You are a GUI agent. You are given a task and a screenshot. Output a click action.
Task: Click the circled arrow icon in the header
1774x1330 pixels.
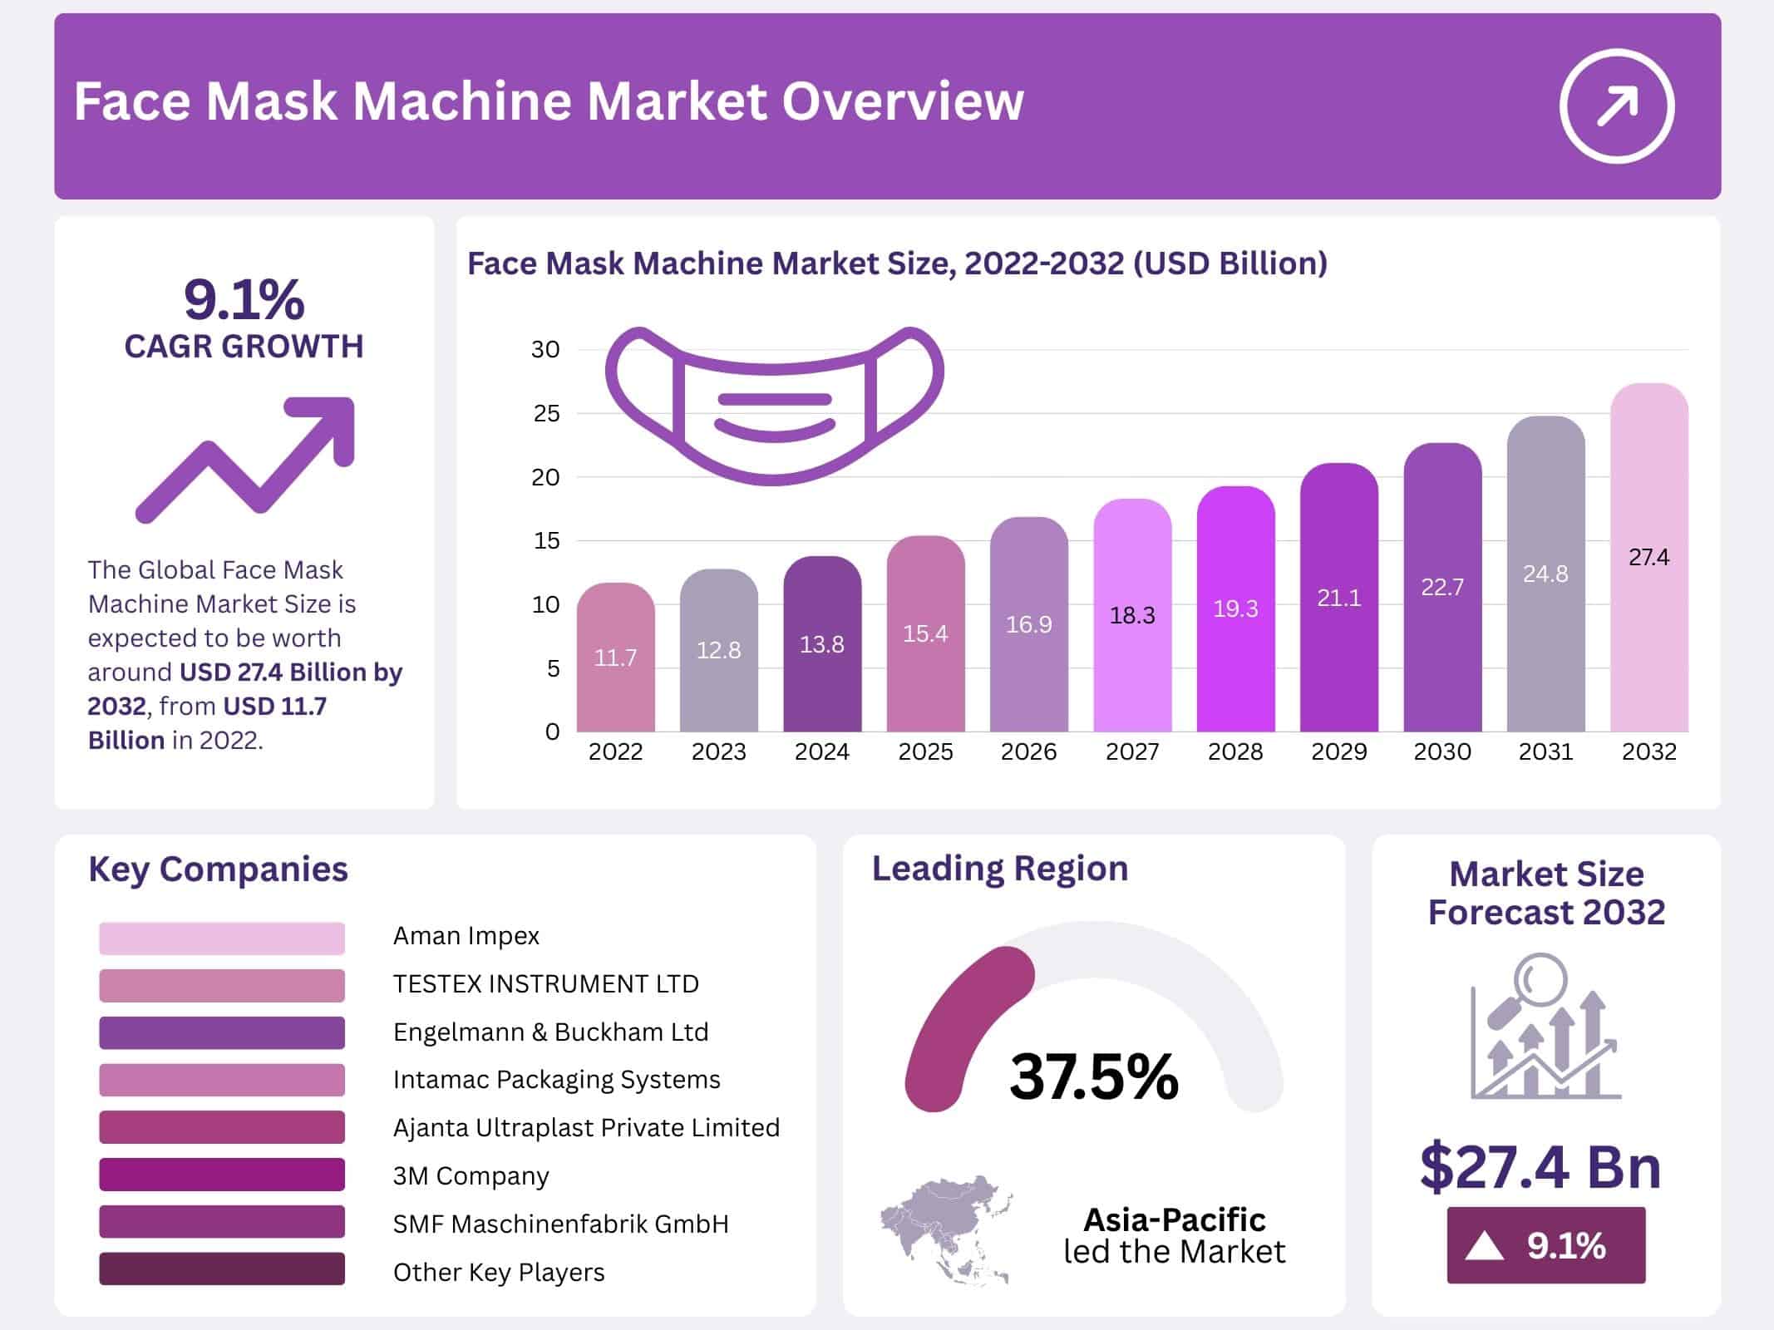pos(1616,106)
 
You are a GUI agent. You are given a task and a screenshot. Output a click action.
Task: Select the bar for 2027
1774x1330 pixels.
pos(1132,615)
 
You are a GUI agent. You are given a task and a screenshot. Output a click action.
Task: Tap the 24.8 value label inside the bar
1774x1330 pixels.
pos(1545,574)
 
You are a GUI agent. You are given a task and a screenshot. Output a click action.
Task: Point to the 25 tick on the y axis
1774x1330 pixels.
pos(546,413)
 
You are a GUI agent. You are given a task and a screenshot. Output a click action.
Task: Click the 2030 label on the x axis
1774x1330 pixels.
pos(1442,751)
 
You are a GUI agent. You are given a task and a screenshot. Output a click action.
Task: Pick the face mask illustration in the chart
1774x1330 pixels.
pos(774,406)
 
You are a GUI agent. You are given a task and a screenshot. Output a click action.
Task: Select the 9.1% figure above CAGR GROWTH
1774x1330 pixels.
pos(244,299)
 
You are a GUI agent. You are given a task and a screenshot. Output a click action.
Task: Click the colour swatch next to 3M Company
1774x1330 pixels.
pos(222,1175)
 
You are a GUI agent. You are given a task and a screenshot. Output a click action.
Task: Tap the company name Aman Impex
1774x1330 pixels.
pos(466,936)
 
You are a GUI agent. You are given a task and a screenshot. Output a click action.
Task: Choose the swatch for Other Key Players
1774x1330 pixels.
pos(222,1269)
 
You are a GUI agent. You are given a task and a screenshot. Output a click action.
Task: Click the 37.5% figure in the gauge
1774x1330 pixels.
pos(1094,1076)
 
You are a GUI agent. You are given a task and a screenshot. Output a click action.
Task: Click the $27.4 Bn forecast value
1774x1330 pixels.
pos(1540,1167)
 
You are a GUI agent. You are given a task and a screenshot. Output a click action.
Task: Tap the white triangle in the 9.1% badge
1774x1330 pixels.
pos(1485,1247)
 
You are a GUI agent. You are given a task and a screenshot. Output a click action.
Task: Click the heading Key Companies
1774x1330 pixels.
pos(218,869)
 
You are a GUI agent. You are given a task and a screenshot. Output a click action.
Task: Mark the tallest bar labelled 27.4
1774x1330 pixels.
pos(1648,557)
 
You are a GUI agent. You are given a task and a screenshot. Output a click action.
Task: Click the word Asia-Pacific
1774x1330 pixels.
pos(1174,1219)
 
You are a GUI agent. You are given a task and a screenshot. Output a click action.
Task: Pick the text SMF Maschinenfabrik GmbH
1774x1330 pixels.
pos(560,1224)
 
